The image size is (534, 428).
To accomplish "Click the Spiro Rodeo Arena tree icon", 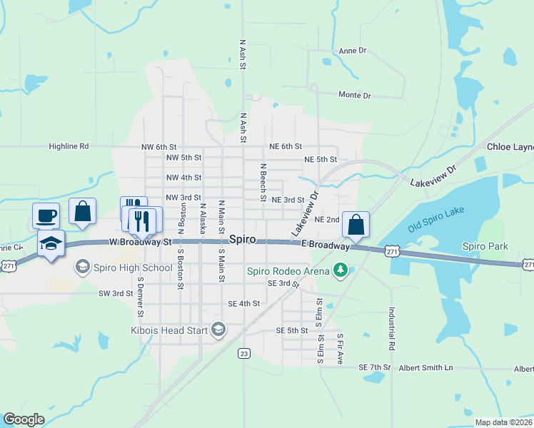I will pyautogui.click(x=341, y=270).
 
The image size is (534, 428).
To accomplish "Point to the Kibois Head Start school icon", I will pyautogui.click(x=218, y=330).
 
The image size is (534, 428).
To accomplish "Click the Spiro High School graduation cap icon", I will pyautogui.click(x=83, y=267).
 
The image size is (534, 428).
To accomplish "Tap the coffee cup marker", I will pyautogui.click(x=46, y=214).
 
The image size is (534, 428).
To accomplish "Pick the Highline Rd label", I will pyautogui.click(x=69, y=146).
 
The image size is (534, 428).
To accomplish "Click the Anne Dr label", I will pyautogui.click(x=352, y=51).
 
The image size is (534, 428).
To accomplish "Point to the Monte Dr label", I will pyautogui.click(x=354, y=95).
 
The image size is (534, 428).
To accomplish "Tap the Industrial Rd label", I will pyautogui.click(x=392, y=328).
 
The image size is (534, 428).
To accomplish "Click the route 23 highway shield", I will pyautogui.click(x=244, y=353).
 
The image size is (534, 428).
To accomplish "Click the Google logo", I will pyautogui.click(x=24, y=419).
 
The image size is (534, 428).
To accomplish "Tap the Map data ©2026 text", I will pyautogui.click(x=503, y=422).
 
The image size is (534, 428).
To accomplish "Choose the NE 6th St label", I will pyautogui.click(x=286, y=146).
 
